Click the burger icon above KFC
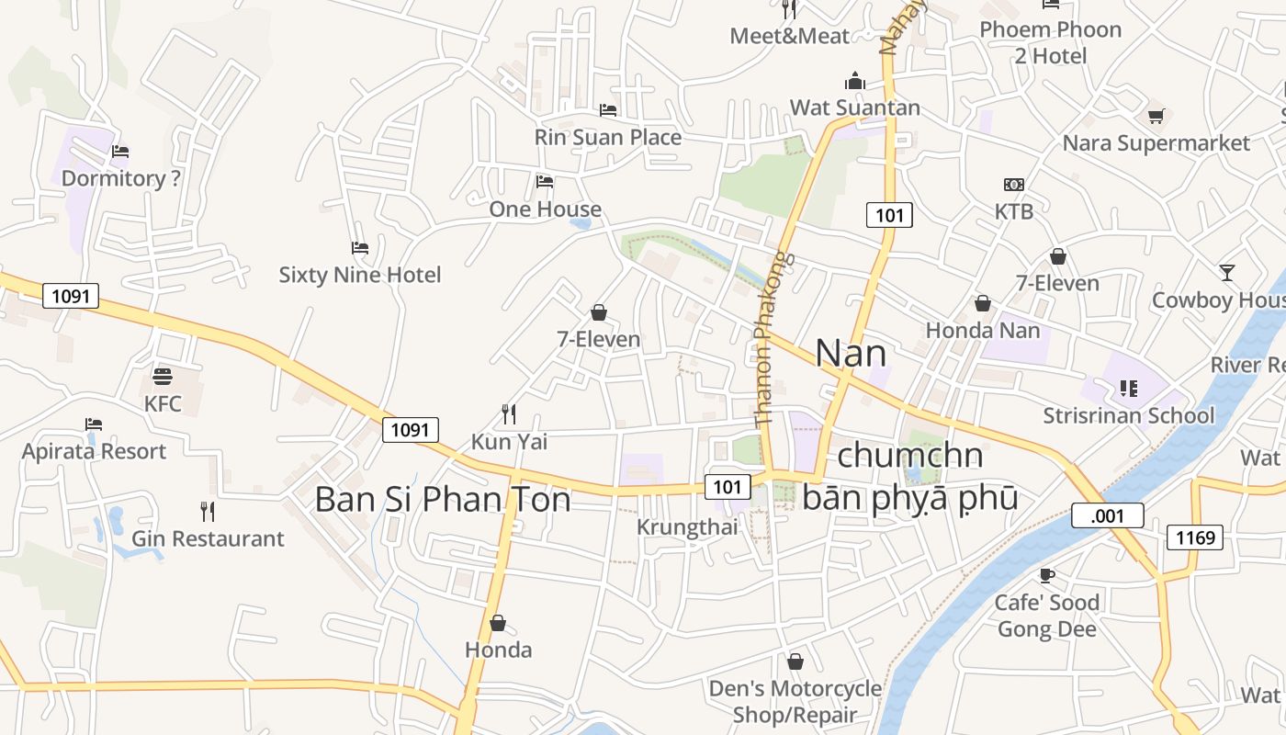click(x=163, y=376)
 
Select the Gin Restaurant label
click(x=208, y=538)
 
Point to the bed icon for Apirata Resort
click(x=94, y=424)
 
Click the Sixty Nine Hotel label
click(x=360, y=275)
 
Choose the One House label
click(x=545, y=209)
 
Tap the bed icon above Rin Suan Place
click(x=608, y=110)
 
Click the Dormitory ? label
click(x=120, y=178)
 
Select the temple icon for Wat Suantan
click(x=855, y=81)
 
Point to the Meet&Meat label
click(x=790, y=36)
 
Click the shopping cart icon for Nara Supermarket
click(x=1156, y=116)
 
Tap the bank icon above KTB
click(x=1014, y=185)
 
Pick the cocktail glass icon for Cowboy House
click(x=1227, y=272)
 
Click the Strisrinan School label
click(x=1128, y=416)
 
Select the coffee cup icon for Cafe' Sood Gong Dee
click(x=1046, y=575)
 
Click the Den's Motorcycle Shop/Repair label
click(x=795, y=701)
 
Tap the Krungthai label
click(x=688, y=527)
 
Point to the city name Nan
click(x=851, y=354)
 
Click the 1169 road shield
click(x=1194, y=537)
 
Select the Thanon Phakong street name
click(x=770, y=338)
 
